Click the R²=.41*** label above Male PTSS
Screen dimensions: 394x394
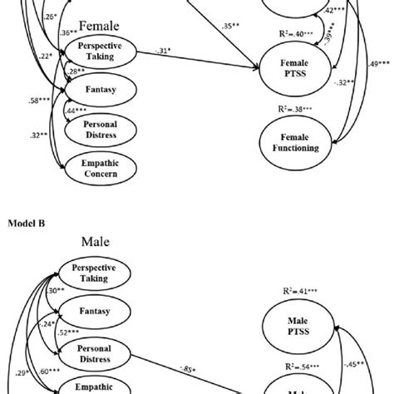297,292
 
